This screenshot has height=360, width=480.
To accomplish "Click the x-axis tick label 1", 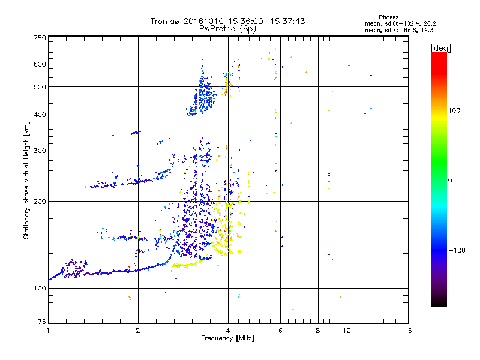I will (48, 331).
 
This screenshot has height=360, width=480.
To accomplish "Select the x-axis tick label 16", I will (407, 331).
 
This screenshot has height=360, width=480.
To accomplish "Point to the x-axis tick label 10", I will (346, 331).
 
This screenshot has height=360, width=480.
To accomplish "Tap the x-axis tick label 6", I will (280, 331).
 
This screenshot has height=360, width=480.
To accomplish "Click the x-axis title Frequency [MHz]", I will (227, 338).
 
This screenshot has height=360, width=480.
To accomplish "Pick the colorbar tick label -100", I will (458, 250).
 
